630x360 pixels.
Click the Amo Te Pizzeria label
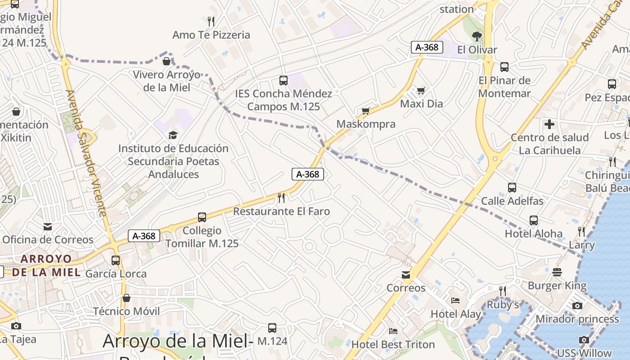211,35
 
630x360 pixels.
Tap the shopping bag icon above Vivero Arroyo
166,61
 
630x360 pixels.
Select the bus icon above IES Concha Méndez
283,81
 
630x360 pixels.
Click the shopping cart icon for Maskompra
365,111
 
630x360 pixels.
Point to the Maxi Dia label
422,103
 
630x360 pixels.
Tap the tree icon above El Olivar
477,36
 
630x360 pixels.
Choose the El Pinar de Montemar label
504,87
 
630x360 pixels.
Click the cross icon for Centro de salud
549,124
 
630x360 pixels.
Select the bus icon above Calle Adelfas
512,188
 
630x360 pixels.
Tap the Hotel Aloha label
534,234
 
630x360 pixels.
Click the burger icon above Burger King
557,272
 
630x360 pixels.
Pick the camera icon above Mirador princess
577,306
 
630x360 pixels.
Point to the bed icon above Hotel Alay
455,301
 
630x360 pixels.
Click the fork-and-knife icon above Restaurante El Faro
281,198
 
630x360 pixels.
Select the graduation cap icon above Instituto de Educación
173,135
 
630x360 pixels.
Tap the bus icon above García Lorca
116,260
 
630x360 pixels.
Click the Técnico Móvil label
126,311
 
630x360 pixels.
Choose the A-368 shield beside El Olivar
427,47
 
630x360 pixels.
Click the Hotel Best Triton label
393,345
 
